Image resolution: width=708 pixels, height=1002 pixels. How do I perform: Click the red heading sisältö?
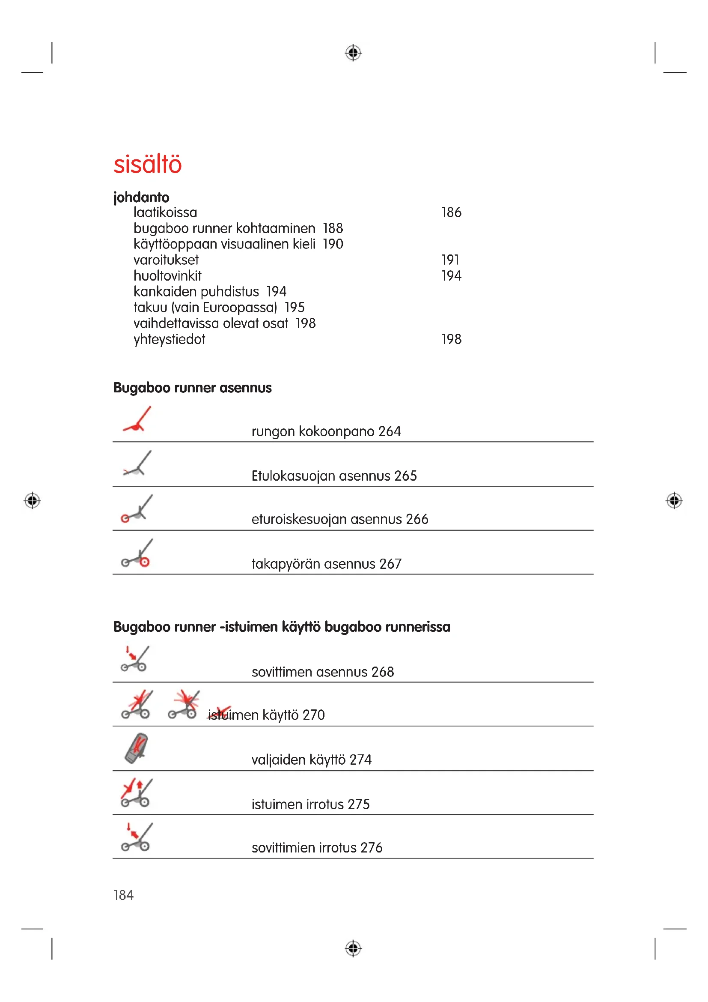click(x=147, y=165)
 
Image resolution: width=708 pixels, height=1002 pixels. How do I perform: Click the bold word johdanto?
click(x=141, y=197)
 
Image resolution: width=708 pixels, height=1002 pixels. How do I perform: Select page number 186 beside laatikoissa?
click(x=451, y=212)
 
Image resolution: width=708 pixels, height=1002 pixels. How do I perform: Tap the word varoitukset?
click(x=166, y=260)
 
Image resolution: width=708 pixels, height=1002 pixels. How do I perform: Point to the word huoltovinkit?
click(x=167, y=276)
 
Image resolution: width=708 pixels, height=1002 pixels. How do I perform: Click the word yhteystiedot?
click(x=169, y=339)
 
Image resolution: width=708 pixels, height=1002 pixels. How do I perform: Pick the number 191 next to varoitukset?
click(x=450, y=260)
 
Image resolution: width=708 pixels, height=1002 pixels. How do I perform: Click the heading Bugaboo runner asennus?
click(x=192, y=388)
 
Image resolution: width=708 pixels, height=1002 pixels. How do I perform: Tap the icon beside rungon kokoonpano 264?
click(x=137, y=419)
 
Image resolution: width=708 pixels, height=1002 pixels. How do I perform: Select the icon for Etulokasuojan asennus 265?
click(x=137, y=464)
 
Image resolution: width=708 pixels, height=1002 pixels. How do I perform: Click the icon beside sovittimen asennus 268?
click(x=135, y=659)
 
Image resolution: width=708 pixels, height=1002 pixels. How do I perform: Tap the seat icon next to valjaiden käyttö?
click(x=137, y=748)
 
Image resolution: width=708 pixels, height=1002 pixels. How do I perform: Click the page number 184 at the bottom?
click(x=123, y=895)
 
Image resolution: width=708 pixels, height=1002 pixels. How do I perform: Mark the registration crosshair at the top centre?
click(x=353, y=53)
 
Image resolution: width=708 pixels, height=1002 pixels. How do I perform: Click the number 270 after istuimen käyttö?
click(x=313, y=715)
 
